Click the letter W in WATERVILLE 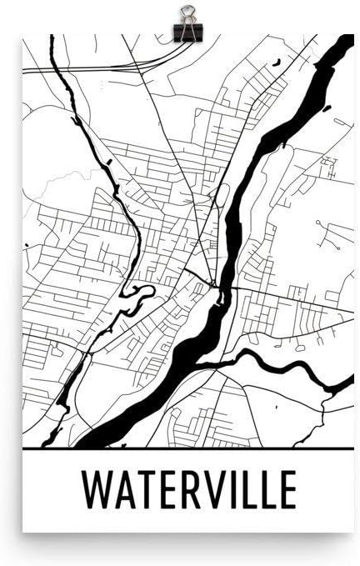click(x=97, y=490)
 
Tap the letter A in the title click(x=125, y=490)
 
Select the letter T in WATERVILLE click(x=147, y=490)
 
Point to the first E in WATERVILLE click(x=167, y=490)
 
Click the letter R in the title click(x=188, y=490)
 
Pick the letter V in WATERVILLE click(x=212, y=490)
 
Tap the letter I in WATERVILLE click(x=230, y=490)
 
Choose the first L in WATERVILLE click(x=244, y=490)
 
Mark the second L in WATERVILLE click(x=264, y=490)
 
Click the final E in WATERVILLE click(x=285, y=490)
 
